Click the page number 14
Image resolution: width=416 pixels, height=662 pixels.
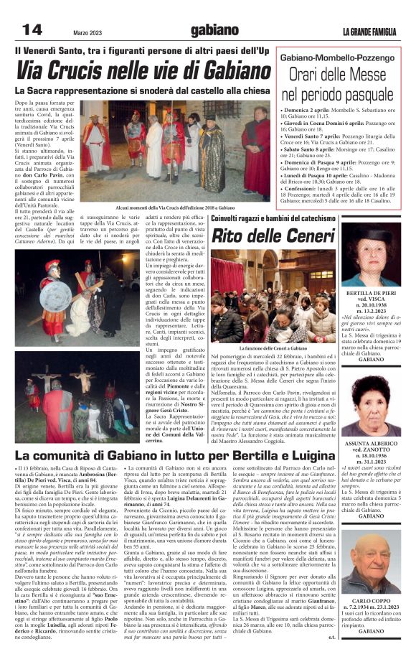(32, 29)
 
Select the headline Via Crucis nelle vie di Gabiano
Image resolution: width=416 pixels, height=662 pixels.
(143, 70)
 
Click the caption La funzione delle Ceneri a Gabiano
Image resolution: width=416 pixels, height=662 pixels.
(274, 348)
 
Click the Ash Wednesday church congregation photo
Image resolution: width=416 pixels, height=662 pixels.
(274, 296)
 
